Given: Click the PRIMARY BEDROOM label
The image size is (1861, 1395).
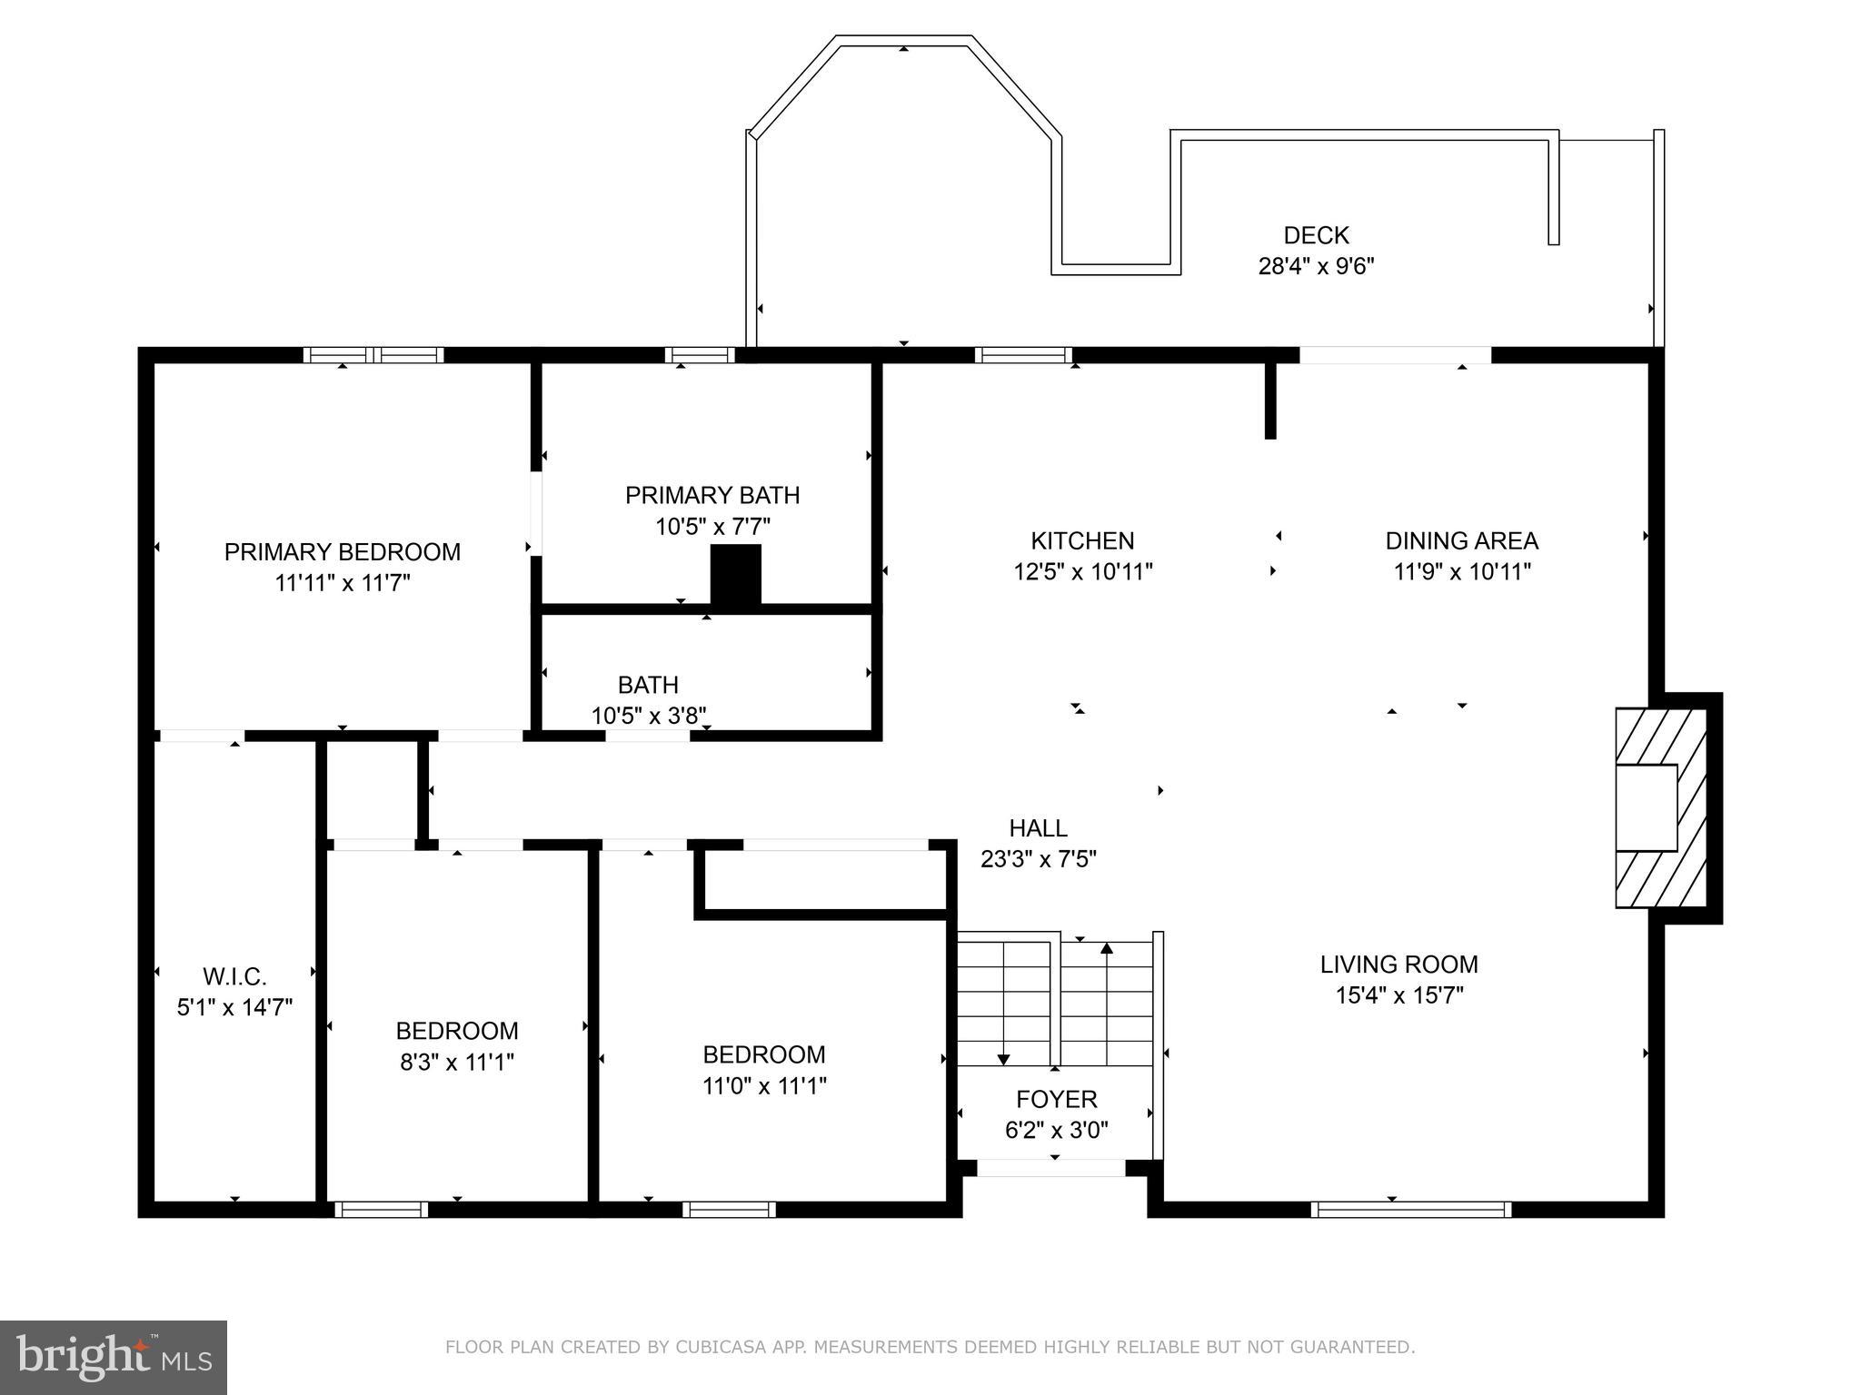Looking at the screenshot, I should tap(342, 552).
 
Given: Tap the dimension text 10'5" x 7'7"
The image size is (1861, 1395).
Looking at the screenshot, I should tap(712, 527).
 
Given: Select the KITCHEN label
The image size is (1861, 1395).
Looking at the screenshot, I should tap(1082, 541).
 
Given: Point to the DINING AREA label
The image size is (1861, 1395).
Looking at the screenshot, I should tap(1461, 541).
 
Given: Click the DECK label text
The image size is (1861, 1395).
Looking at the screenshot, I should tap(1316, 235).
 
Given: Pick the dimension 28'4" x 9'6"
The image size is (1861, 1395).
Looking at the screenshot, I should tap(1316, 266).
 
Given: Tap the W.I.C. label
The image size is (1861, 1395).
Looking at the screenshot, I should tap(234, 977).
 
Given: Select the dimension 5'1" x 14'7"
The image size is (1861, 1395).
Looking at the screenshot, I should tap(234, 1007).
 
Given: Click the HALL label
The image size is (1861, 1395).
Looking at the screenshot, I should tap(1038, 828).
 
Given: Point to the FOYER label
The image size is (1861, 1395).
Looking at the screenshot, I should tap(1056, 1100).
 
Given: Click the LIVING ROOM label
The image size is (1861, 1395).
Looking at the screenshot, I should tap(1398, 965).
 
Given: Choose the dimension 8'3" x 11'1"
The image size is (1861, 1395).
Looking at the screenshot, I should tap(457, 1062).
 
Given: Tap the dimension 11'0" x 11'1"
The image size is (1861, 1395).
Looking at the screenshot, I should tap(763, 1085).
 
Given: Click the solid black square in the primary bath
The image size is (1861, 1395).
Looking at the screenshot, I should tap(735, 574).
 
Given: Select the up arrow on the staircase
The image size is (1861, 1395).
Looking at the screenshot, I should tap(1107, 950).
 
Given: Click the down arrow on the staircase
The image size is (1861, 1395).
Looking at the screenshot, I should tap(1003, 1058).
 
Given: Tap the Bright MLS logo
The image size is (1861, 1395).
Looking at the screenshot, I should tap(113, 1357).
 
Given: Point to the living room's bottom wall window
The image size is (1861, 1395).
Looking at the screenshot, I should tap(1411, 1209).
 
